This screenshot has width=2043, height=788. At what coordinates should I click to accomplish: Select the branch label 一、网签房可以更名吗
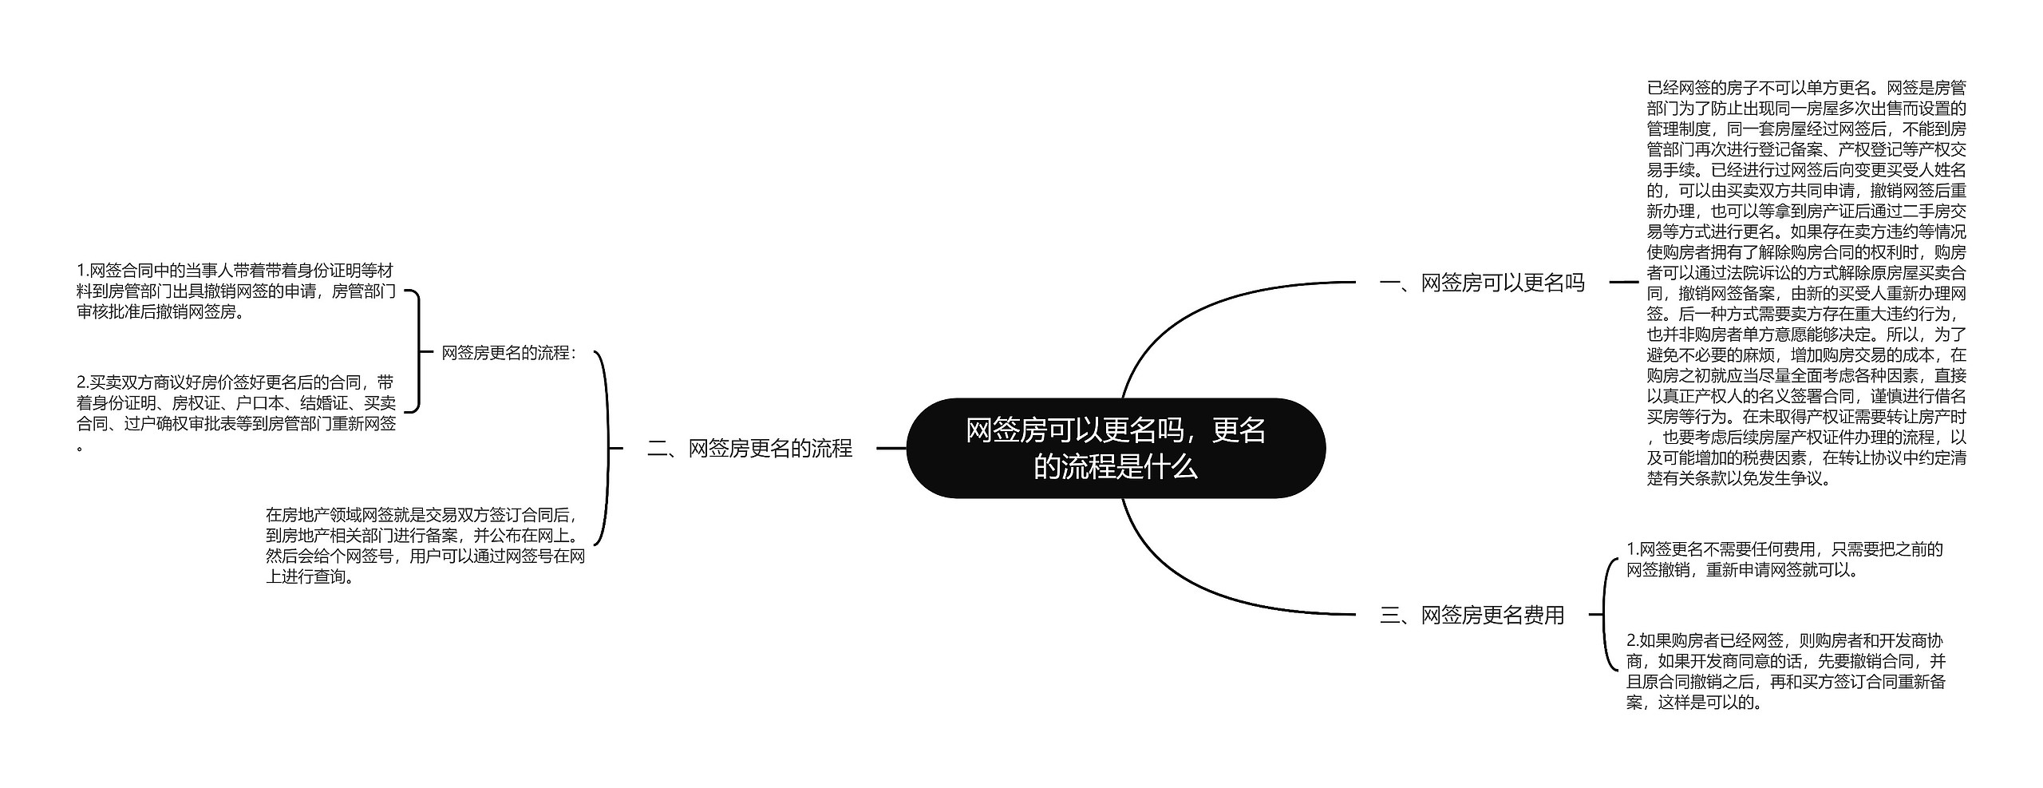point(1481,283)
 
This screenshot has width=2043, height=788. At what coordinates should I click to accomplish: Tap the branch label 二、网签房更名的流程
point(749,449)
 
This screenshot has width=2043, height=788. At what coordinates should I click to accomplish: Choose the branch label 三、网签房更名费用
point(1472,615)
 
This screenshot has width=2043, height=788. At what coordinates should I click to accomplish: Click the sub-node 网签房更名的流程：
point(508,353)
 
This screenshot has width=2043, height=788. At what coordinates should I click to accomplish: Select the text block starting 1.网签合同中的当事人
point(235,291)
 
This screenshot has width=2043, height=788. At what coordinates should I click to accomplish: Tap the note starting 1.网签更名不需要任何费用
point(1784,560)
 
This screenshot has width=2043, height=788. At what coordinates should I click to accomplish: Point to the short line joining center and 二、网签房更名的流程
point(891,449)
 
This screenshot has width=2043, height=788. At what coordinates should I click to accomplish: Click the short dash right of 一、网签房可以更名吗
point(1623,282)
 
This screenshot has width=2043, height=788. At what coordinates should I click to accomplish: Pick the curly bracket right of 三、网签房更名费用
point(1604,615)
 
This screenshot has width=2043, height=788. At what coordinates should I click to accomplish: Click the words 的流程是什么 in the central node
point(1115,466)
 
